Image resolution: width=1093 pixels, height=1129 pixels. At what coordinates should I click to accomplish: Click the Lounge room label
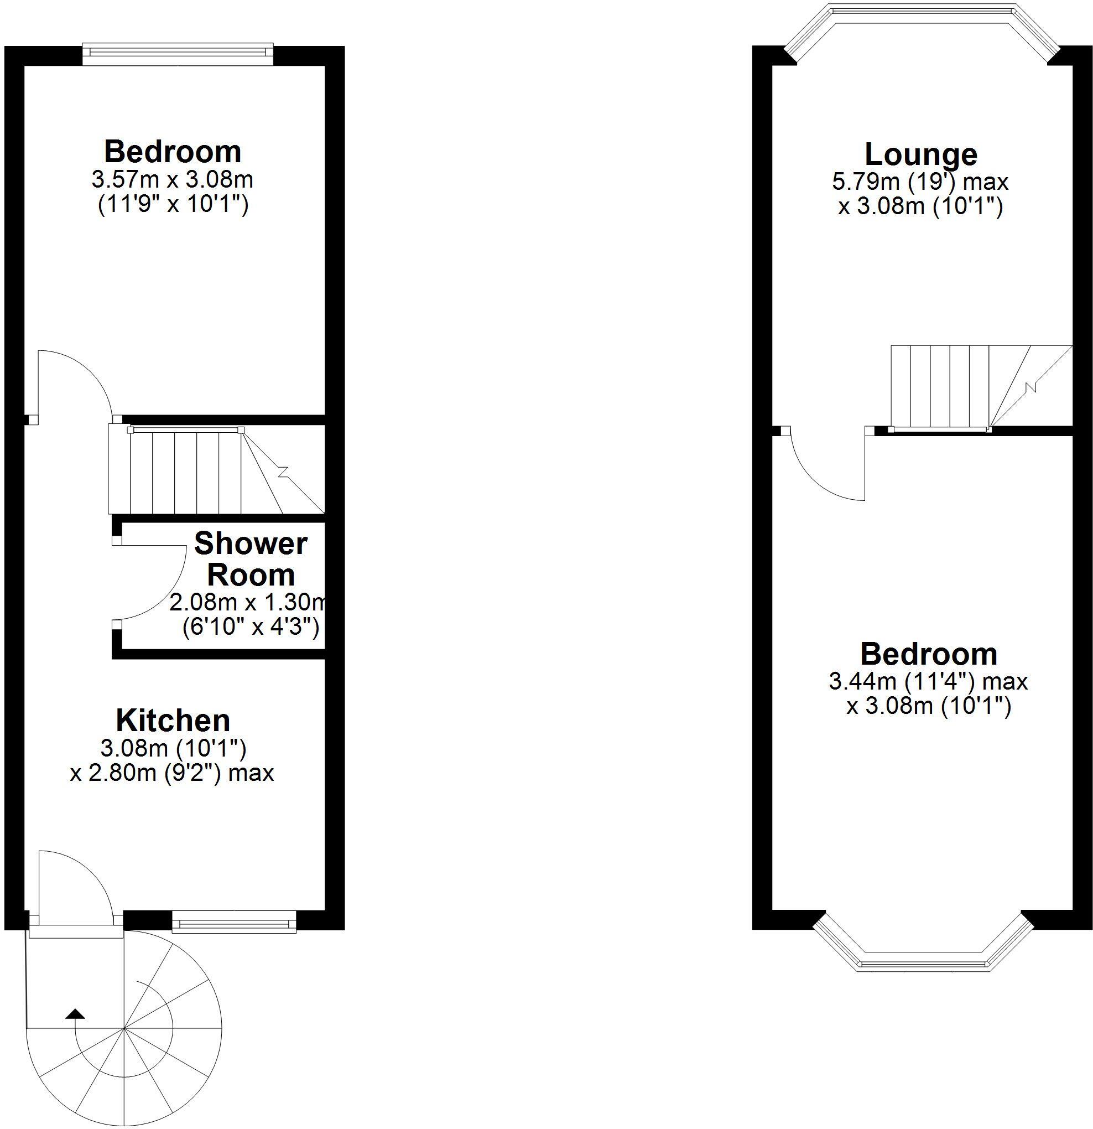(x=920, y=155)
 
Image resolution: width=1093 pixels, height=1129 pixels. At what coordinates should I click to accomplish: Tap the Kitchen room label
(x=173, y=721)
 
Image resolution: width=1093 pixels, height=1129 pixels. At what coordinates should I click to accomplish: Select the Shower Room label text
(x=251, y=560)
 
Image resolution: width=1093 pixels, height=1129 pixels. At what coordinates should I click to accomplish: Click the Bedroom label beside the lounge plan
(x=928, y=654)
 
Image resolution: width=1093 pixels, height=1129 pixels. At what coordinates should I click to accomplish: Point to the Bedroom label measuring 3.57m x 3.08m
(x=172, y=152)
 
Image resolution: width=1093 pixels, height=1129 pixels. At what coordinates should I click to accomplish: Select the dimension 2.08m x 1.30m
(x=247, y=603)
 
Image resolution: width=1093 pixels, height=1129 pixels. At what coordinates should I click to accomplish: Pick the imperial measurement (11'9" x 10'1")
(x=173, y=204)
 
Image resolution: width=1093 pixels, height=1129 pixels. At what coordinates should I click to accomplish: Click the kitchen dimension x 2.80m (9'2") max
(x=171, y=773)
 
